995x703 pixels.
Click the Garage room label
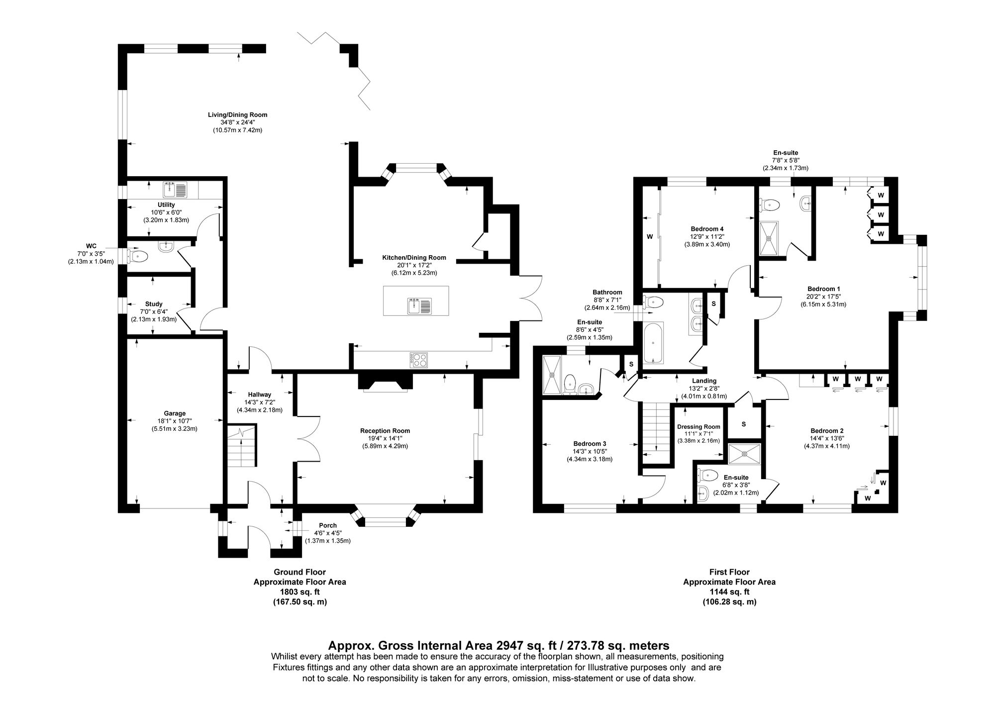click(x=174, y=413)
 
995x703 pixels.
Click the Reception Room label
click(x=385, y=431)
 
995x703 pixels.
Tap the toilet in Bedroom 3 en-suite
click(x=570, y=384)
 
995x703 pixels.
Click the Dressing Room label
click(x=698, y=426)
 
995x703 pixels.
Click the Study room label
click(x=154, y=304)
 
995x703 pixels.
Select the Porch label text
click(x=328, y=525)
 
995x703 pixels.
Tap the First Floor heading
click(x=729, y=572)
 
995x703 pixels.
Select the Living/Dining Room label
click(x=237, y=115)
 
